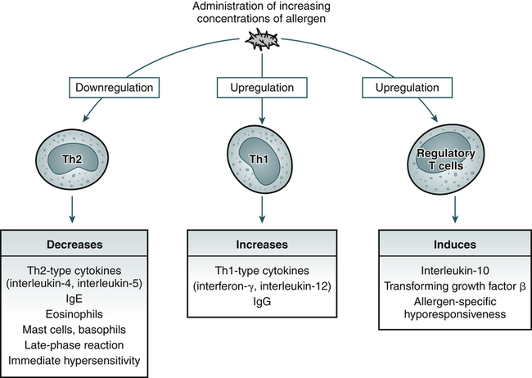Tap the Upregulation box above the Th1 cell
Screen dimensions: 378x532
coord(261,86)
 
